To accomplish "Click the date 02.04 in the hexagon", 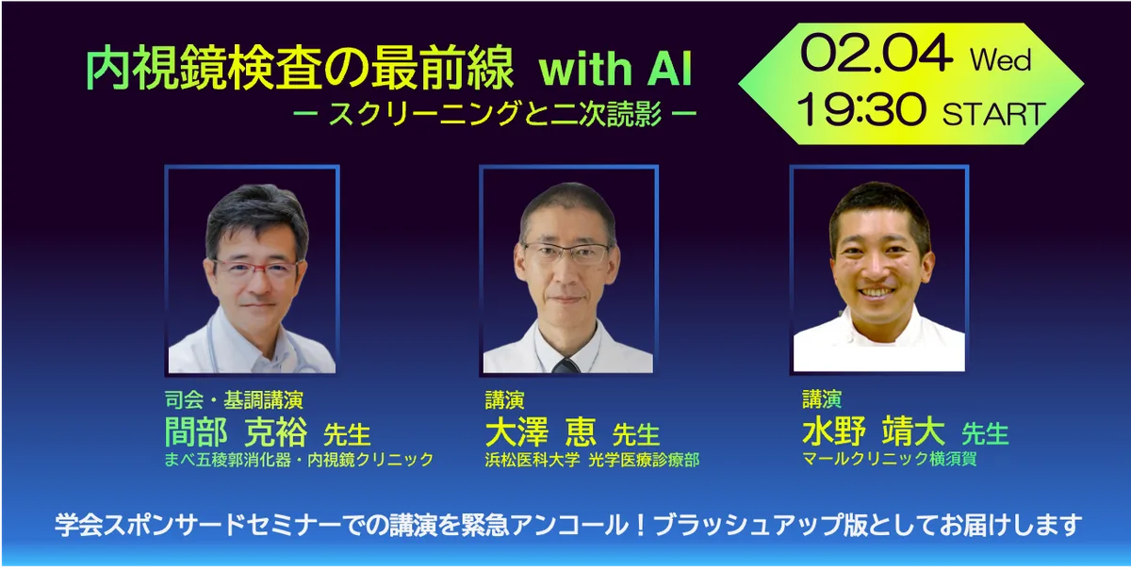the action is (876, 54).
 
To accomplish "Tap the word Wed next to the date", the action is (1000, 60).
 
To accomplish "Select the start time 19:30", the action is (861, 109).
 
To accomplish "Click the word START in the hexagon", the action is (993, 114).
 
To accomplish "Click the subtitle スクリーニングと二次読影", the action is (495, 114).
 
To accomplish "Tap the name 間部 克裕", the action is (236, 432).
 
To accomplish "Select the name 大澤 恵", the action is (540, 432).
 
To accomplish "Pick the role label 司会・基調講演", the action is (234, 399).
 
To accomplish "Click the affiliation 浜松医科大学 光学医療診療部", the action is (592, 460).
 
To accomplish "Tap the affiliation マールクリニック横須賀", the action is (889, 459).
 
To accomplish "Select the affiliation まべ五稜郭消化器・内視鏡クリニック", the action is (299, 460).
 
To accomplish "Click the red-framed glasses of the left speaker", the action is (256, 270).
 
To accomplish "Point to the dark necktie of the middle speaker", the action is (565, 366).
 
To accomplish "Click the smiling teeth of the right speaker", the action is (878, 292).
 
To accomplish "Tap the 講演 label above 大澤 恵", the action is (504, 399).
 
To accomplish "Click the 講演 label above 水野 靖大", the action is (822, 398).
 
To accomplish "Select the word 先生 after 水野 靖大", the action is (985, 433).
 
